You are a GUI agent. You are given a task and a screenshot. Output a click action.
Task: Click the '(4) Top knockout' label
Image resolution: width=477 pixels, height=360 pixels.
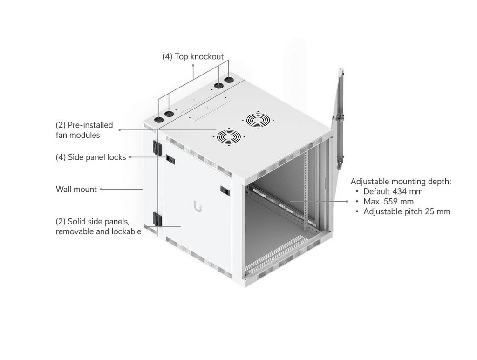[193, 56]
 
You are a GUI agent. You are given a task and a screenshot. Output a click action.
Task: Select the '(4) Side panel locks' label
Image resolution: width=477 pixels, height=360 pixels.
[91, 157]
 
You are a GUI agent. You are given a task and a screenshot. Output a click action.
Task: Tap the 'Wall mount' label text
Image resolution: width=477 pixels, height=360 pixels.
[76, 189]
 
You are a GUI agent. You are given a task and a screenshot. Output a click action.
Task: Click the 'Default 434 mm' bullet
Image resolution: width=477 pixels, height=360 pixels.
[393, 191]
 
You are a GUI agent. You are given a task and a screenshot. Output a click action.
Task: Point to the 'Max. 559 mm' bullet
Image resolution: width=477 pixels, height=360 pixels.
[388, 201]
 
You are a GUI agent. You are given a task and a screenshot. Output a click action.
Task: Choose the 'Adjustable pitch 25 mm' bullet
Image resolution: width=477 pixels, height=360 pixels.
[406, 211]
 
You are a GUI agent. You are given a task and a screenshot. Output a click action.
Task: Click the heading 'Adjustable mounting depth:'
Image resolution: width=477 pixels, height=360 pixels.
[401, 182]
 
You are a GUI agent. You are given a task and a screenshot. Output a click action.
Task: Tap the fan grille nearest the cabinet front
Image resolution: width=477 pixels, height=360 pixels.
[229, 137]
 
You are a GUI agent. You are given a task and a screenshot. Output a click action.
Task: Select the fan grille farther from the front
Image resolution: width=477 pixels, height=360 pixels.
[258, 120]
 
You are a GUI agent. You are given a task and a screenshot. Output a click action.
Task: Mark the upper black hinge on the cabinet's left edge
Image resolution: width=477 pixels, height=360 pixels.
[157, 148]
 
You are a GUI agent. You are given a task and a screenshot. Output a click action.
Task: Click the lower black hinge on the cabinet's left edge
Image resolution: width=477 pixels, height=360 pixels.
[157, 219]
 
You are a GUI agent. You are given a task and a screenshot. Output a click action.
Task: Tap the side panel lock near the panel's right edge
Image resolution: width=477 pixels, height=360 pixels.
[225, 190]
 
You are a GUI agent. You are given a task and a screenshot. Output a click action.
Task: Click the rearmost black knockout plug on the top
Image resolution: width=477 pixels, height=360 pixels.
[229, 80]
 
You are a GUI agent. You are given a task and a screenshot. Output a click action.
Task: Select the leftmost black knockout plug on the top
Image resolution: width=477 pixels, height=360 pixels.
[158, 120]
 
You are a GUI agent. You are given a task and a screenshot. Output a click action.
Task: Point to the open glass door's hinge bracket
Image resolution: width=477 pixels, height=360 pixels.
[340, 117]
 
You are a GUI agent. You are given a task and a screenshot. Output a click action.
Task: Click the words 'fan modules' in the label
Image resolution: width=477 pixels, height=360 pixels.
[78, 135]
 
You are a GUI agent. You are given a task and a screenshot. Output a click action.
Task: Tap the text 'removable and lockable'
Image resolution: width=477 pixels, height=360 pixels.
[99, 231]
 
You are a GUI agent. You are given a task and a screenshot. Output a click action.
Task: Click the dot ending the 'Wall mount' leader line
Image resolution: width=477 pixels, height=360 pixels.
[101, 189]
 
